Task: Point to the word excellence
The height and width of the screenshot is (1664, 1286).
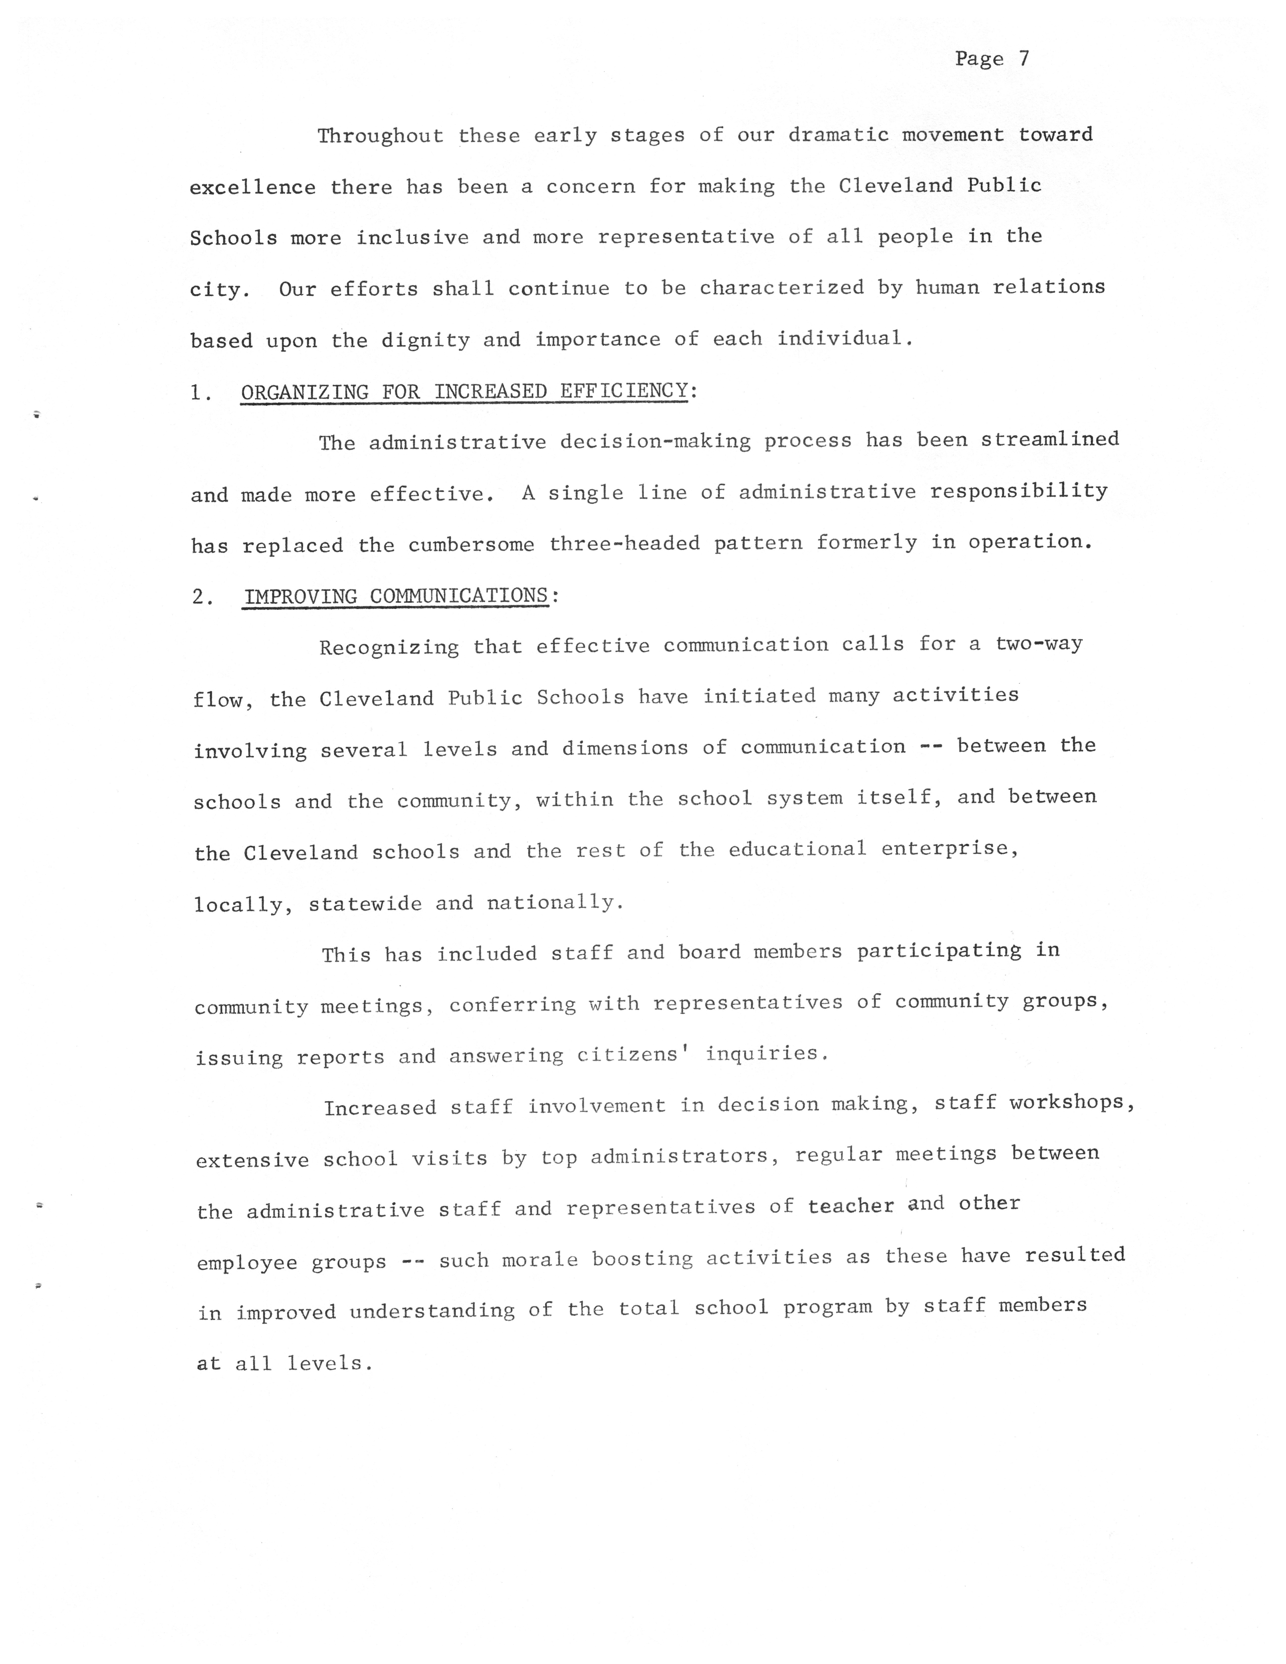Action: pos(252,187)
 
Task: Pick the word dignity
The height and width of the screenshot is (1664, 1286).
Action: pos(425,340)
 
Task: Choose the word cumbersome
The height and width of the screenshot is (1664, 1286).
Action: pos(471,546)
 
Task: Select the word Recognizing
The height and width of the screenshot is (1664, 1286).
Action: pos(389,648)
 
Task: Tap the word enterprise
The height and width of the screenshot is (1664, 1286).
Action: pos(949,849)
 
